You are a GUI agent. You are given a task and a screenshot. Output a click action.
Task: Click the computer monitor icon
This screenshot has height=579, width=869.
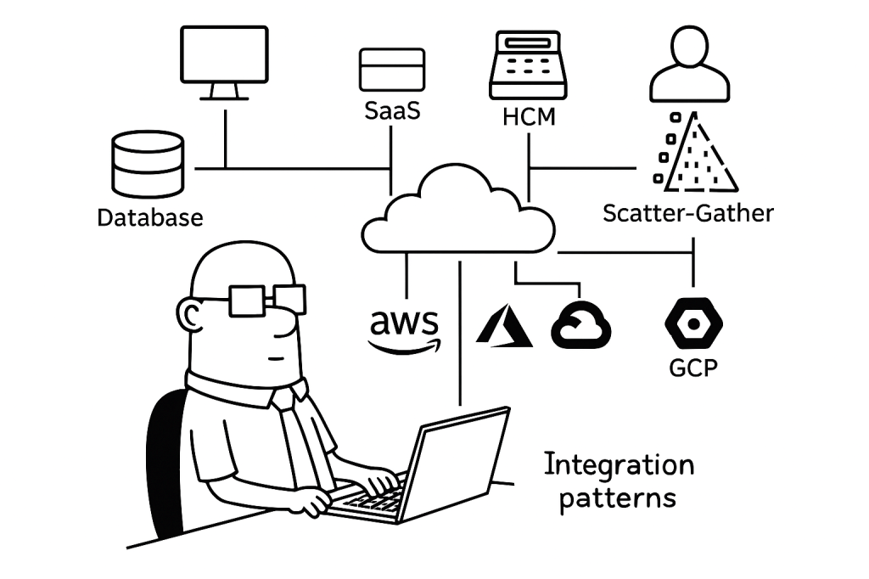pos(224,60)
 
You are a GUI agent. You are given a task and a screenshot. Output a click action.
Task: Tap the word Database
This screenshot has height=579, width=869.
pos(150,217)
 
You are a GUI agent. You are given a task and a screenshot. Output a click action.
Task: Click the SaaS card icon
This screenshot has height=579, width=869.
pos(391,69)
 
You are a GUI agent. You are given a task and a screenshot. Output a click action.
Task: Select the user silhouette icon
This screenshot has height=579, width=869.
pos(689,65)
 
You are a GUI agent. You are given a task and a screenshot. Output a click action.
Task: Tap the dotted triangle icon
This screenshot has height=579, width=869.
pos(694,153)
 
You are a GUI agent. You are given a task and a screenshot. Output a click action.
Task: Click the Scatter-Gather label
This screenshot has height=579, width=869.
pos(688,212)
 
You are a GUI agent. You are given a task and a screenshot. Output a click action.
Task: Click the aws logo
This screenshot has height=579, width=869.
pos(405,330)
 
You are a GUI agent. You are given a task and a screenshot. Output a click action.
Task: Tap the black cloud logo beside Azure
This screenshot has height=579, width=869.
pos(581,326)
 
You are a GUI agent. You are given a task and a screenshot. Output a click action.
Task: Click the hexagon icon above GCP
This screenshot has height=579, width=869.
pos(694,323)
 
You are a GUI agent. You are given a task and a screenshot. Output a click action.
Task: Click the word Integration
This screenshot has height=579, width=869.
pos(619,465)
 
